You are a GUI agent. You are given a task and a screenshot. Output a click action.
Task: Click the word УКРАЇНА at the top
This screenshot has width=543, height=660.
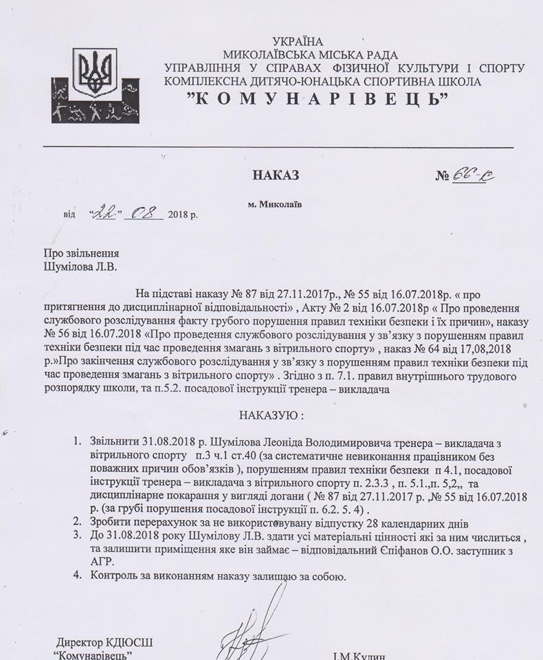click(298, 42)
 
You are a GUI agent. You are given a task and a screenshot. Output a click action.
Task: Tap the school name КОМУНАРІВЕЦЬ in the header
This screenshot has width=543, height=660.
click(318, 98)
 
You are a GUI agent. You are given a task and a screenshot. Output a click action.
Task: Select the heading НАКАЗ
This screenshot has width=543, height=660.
click(276, 175)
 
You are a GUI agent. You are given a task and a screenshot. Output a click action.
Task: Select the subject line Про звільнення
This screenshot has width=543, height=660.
click(81, 253)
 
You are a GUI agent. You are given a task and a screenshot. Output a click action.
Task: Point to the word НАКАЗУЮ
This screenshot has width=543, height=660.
click(270, 416)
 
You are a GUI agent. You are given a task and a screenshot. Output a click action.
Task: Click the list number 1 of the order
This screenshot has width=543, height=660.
click(77, 440)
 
